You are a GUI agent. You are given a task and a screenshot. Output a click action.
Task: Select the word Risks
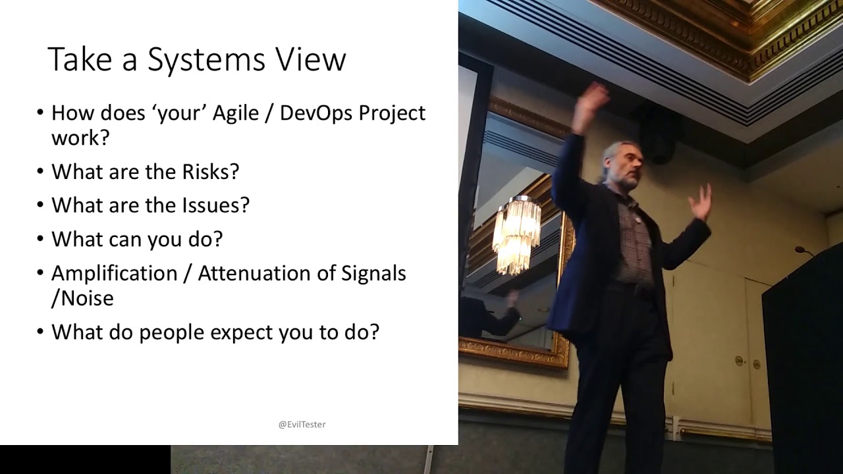(x=205, y=172)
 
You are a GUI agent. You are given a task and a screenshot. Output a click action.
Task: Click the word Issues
(x=215, y=205)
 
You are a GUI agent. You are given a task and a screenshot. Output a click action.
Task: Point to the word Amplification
(x=115, y=273)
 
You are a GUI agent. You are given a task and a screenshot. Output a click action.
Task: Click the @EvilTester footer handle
(x=302, y=425)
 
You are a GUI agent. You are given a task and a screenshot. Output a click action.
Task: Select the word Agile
(x=234, y=113)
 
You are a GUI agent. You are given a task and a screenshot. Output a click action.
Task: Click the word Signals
(x=373, y=273)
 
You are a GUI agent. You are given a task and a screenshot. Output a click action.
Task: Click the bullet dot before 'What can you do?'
(x=41, y=239)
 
